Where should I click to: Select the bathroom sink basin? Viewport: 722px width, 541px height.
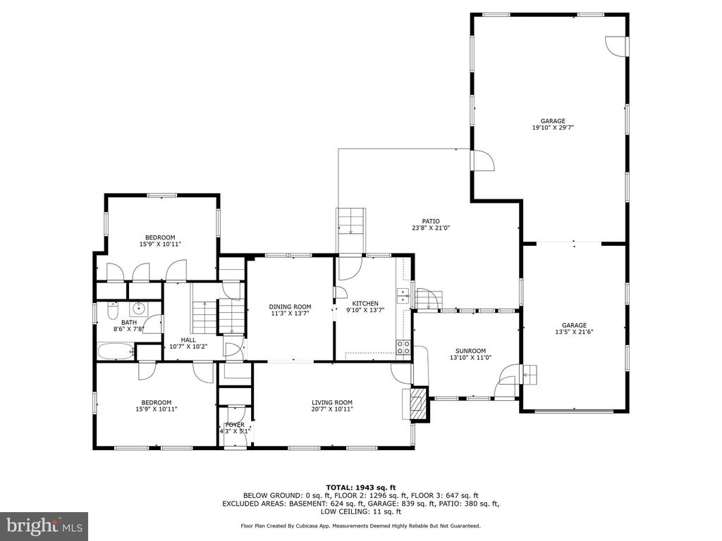pyautogui.click(x=138, y=308)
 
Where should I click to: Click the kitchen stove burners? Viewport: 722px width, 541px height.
pyautogui.click(x=403, y=348)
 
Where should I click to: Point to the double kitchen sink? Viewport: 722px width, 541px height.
pyautogui.click(x=403, y=295)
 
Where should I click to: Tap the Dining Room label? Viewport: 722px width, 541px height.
pyautogui.click(x=290, y=307)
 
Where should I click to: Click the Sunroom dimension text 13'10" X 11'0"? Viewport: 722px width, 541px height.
pyautogui.click(x=470, y=357)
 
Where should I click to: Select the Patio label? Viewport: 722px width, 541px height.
pyautogui.click(x=431, y=221)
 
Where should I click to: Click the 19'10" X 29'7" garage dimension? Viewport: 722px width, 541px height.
pyautogui.click(x=553, y=128)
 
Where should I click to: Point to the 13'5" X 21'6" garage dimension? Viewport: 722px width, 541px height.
pyautogui.click(x=574, y=331)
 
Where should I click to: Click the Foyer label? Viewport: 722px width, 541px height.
pyautogui.click(x=235, y=425)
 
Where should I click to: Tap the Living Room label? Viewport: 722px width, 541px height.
pyautogui.click(x=332, y=402)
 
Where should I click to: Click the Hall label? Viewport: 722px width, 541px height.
pyautogui.click(x=188, y=340)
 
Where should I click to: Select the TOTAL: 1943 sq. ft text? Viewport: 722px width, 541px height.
pyautogui.click(x=361, y=487)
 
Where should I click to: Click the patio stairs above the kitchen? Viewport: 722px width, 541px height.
pyautogui.click(x=351, y=222)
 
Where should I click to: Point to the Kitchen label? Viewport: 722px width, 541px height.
pyautogui.click(x=365, y=304)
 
